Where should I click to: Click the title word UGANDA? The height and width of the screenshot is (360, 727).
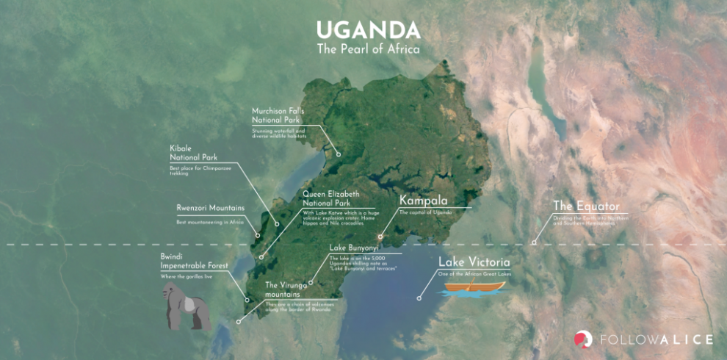coord(368,30)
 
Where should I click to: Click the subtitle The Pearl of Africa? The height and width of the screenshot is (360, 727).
coord(368,50)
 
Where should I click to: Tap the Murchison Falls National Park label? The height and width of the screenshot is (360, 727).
coord(278,115)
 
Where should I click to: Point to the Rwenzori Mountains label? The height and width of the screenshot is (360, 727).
coord(210,208)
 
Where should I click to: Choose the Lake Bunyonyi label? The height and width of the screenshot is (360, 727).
coord(354,248)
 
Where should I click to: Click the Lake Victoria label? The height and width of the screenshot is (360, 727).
coord(474,262)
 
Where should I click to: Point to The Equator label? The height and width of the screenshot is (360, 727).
coord(586,206)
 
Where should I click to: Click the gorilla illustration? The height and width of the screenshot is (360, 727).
coord(186,307)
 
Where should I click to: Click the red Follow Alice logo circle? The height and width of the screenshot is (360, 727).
coord(583,339)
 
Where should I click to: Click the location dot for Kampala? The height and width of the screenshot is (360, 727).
coord(380,237)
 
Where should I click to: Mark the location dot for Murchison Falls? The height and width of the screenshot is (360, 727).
coord(339,154)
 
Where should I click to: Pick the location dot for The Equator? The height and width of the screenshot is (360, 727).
coord(535,242)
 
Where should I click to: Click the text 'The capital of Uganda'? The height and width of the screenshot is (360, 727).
coord(425,212)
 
